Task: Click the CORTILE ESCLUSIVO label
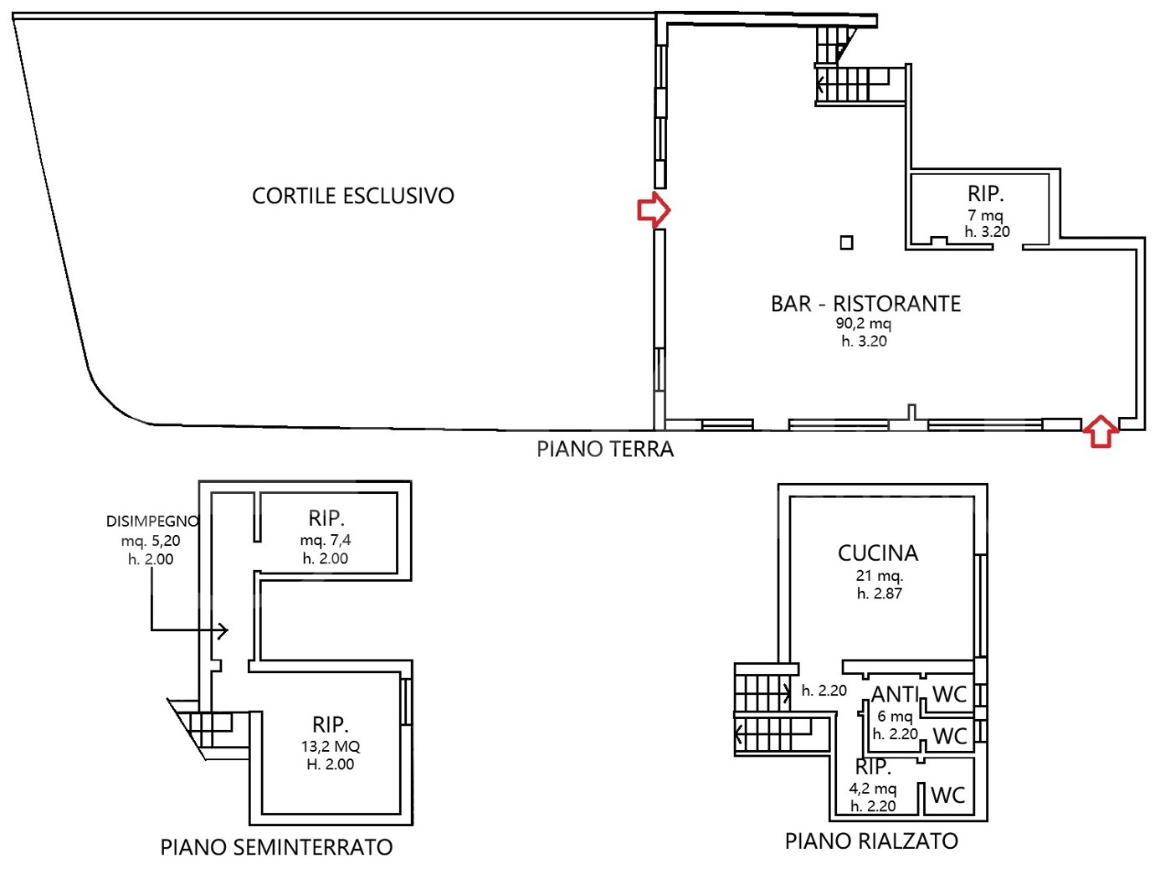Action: pyautogui.click(x=352, y=196)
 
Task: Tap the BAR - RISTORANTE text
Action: pyautogui.click(x=865, y=303)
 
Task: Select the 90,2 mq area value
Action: pyautogui.click(x=863, y=323)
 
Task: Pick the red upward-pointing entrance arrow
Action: pyautogui.click(x=1101, y=431)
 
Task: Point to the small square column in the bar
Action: pyautogui.click(x=846, y=243)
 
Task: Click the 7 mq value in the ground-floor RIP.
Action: pyautogui.click(x=985, y=215)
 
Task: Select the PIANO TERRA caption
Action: pyautogui.click(x=604, y=450)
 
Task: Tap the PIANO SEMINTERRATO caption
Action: pyautogui.click(x=276, y=847)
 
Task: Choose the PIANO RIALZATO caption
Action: pyautogui.click(x=871, y=841)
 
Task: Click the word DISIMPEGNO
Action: pyautogui.click(x=152, y=521)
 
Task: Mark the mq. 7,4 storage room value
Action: pyautogui.click(x=326, y=541)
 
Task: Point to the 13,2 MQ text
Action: pyautogui.click(x=331, y=746)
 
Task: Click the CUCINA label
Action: pyautogui.click(x=878, y=553)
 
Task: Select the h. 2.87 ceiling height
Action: pyautogui.click(x=879, y=594)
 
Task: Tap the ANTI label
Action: pyautogui.click(x=895, y=695)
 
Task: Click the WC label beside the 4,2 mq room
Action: pyautogui.click(x=947, y=794)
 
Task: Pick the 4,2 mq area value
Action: pyautogui.click(x=872, y=788)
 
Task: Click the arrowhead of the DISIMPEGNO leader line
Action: pyautogui.click(x=223, y=630)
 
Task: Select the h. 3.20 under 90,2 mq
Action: pyautogui.click(x=864, y=341)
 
